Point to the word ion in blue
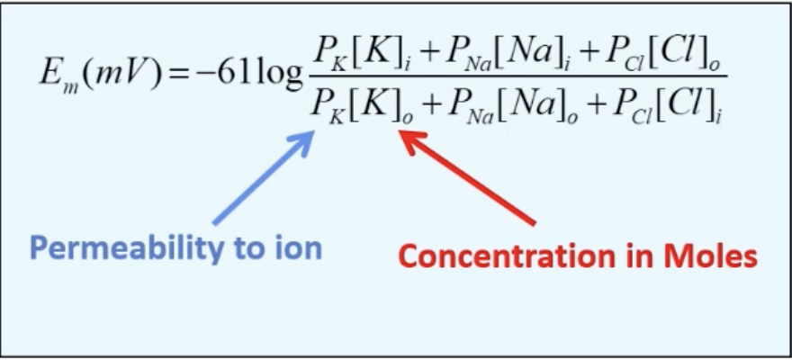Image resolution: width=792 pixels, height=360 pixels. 296,248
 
